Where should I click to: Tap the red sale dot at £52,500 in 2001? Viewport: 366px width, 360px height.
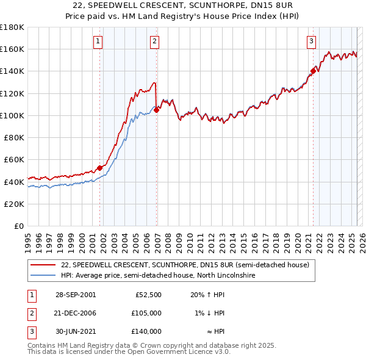point(100,168)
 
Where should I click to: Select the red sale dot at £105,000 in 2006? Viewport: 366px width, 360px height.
point(157,110)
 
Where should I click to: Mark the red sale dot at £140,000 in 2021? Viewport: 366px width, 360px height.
point(313,71)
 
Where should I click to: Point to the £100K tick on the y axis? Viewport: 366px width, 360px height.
point(12,115)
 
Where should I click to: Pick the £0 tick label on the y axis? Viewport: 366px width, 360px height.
point(20,226)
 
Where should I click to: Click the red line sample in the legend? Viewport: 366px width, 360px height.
point(43,265)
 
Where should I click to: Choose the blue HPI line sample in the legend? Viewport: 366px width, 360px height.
point(43,276)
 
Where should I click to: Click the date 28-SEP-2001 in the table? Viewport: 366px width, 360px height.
point(75,295)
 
